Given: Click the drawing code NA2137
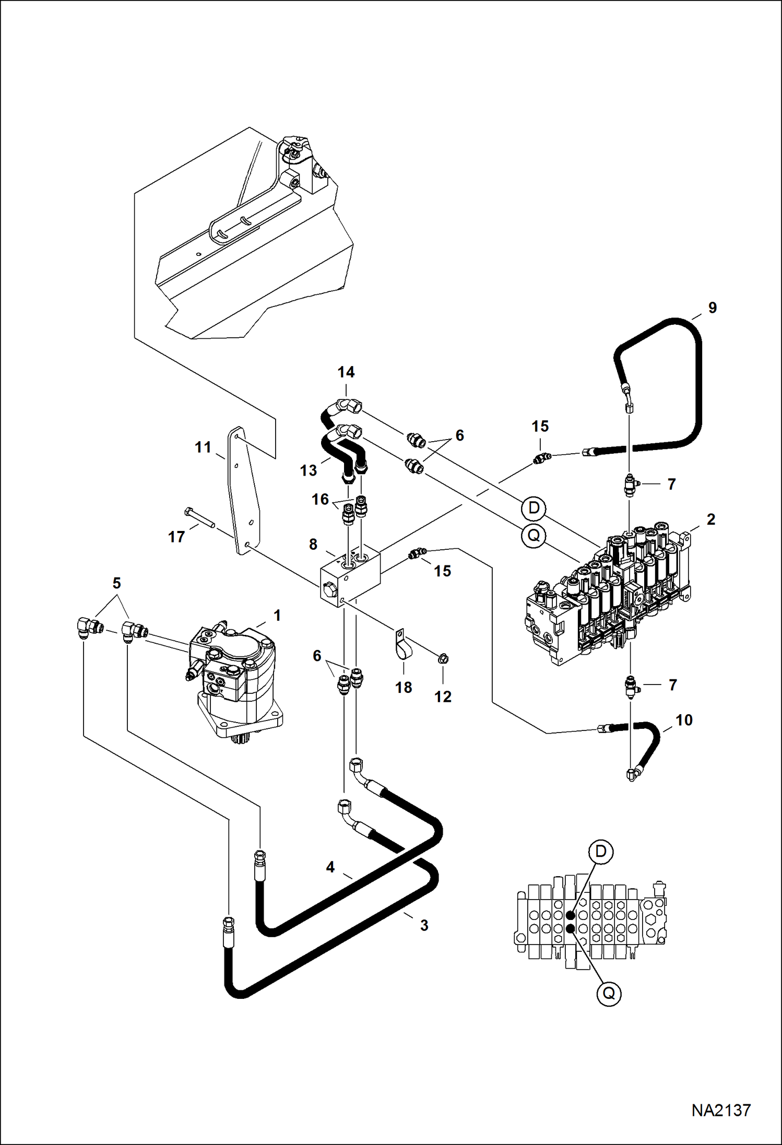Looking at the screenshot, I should coord(721,1110).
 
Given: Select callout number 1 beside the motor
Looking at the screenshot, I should coord(277,616).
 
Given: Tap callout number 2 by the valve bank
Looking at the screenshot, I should coord(710,519).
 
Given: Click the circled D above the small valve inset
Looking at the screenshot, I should coord(600,852).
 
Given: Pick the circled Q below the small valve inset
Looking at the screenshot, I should coord(609,994).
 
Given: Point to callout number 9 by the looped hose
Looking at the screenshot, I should coord(712,308).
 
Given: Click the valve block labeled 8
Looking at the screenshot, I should coord(349,577).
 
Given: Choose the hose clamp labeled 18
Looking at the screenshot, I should coord(403,648).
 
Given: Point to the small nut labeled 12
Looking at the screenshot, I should coord(443,659).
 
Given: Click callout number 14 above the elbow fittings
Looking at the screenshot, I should coord(346,372).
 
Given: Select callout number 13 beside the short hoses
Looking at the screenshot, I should coord(308,470).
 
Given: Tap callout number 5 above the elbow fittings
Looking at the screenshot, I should coord(116,583).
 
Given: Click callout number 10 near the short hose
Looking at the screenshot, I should coord(684,721).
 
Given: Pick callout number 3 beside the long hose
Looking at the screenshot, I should coord(424,925).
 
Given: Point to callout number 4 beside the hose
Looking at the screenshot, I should coord(330,867).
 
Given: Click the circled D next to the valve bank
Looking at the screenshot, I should coord(534,507).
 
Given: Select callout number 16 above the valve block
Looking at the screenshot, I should coord(319,500).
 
